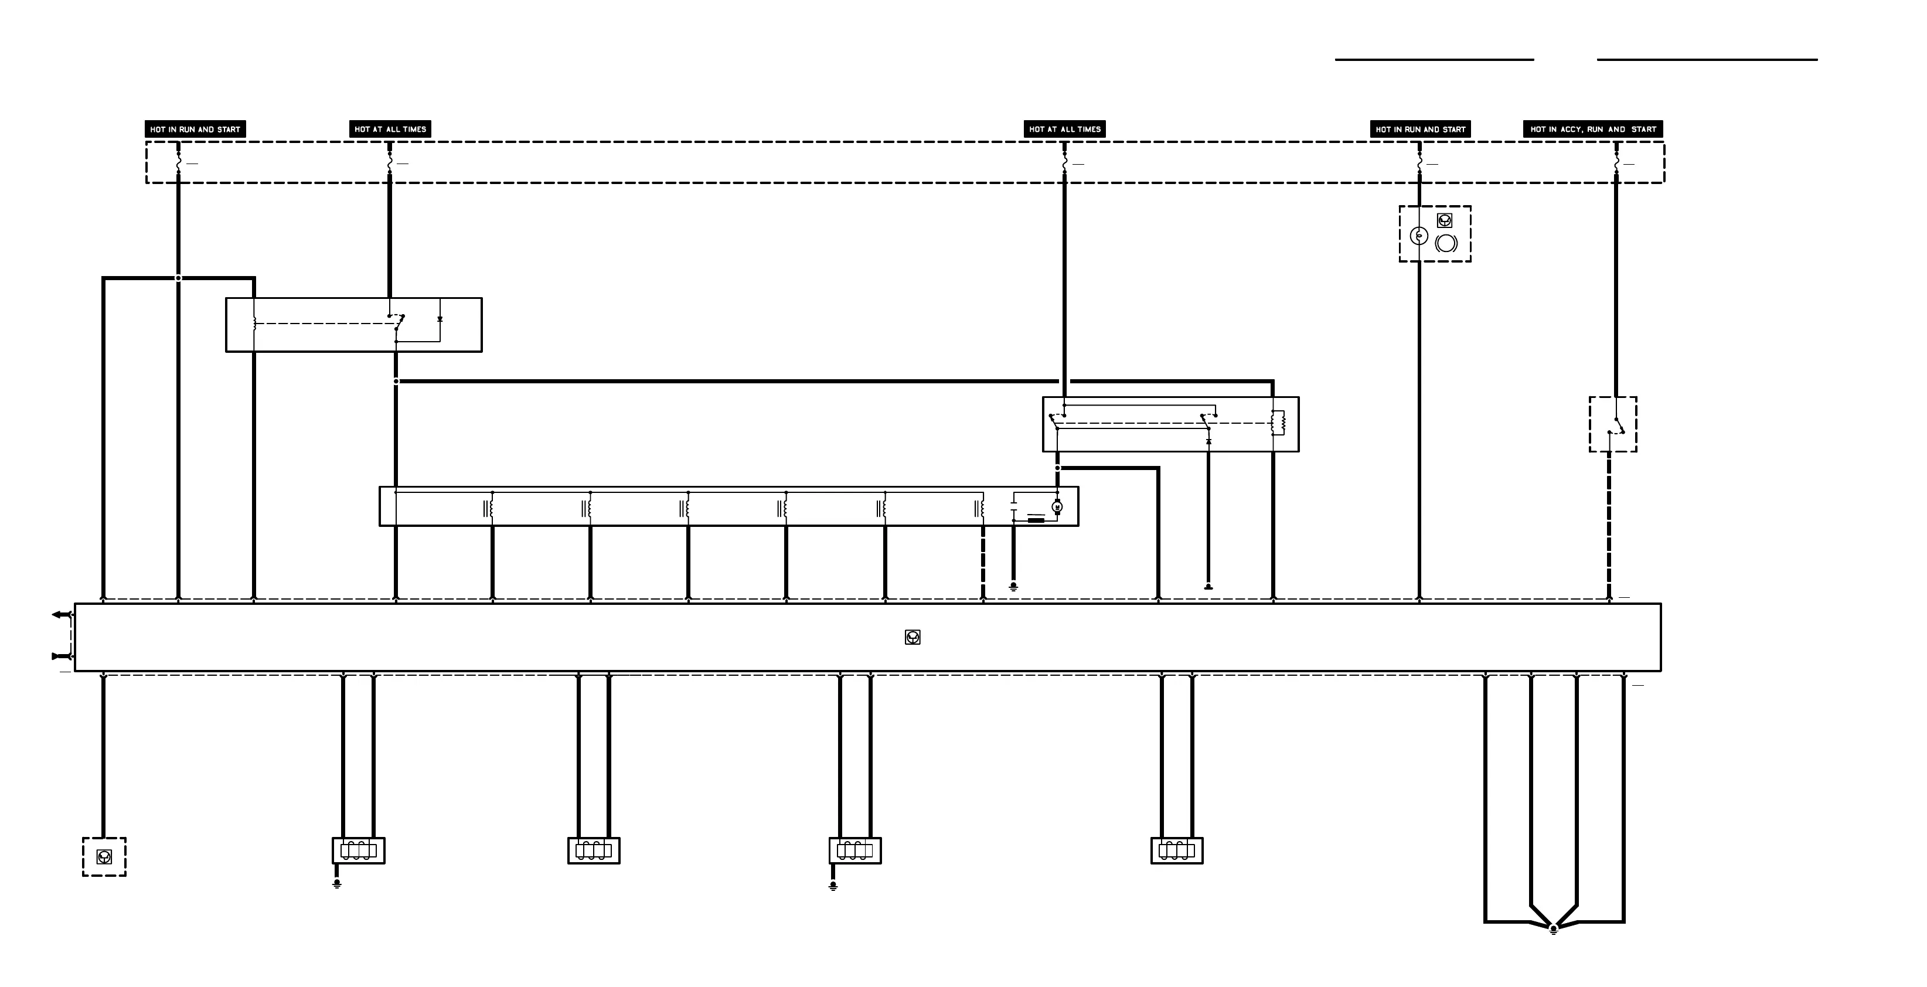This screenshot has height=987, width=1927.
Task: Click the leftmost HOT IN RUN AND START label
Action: (x=195, y=130)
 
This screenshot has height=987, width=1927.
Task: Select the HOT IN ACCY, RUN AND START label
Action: (x=1592, y=130)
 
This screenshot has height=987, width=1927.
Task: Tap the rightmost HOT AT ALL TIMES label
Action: (x=1064, y=130)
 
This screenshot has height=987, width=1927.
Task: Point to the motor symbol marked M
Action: (x=1057, y=508)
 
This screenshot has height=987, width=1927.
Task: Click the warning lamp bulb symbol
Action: (x=1418, y=236)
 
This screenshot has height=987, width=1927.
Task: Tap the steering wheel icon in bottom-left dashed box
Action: (x=104, y=857)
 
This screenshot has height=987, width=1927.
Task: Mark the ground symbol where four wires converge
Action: (x=1554, y=930)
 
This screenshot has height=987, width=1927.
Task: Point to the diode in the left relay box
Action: (x=440, y=319)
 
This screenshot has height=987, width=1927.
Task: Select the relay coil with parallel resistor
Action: (x=1278, y=423)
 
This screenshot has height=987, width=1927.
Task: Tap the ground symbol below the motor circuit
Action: (x=1014, y=587)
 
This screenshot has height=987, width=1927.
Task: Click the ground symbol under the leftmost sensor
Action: (x=338, y=884)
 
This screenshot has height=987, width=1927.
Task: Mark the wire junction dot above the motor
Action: (x=1057, y=468)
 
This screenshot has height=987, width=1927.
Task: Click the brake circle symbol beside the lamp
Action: (x=1446, y=243)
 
